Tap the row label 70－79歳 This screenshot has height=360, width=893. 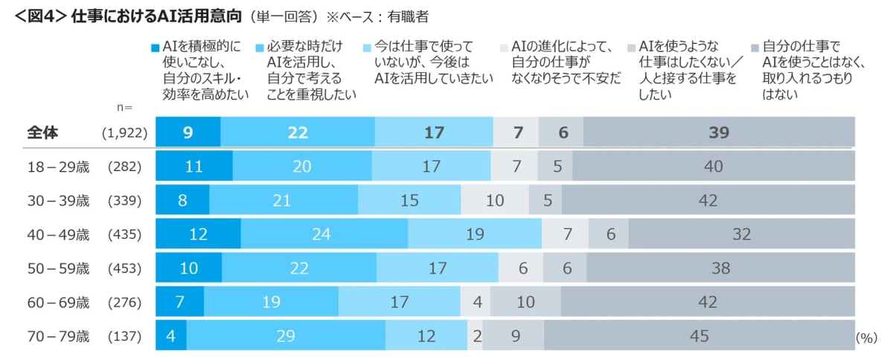[x=57, y=336]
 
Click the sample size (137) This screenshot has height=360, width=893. [x=124, y=336]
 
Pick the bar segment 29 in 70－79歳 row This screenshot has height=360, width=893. [x=285, y=336]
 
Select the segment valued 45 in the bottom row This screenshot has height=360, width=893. [x=699, y=336]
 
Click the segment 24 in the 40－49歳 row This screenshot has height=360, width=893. [x=324, y=234]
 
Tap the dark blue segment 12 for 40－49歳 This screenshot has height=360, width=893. [x=198, y=234]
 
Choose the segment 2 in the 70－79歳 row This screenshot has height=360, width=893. [x=476, y=336]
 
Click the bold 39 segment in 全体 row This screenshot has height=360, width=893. [x=719, y=132]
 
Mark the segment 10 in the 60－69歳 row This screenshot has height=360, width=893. [x=525, y=302]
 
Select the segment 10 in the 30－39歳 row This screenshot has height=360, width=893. [x=494, y=200]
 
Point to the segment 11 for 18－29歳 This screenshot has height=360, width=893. [x=193, y=167]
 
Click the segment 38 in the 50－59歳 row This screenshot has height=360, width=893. [x=720, y=269]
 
